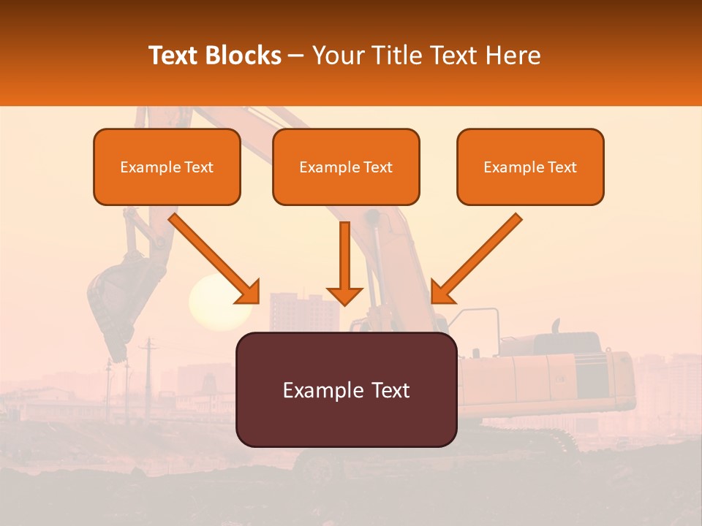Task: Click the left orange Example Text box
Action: pyautogui.click(x=167, y=167)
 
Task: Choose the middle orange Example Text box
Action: pyautogui.click(x=346, y=167)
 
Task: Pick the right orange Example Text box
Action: pyautogui.click(x=530, y=167)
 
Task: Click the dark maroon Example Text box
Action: pyautogui.click(x=346, y=390)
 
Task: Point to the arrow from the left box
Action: pyautogui.click(x=215, y=259)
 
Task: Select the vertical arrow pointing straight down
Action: pyautogui.click(x=344, y=263)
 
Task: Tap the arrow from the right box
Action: pyautogui.click(x=476, y=259)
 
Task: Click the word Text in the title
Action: pyautogui.click(x=173, y=56)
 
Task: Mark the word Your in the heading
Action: pyautogui.click(x=336, y=56)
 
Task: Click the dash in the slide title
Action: pyautogui.click(x=296, y=56)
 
